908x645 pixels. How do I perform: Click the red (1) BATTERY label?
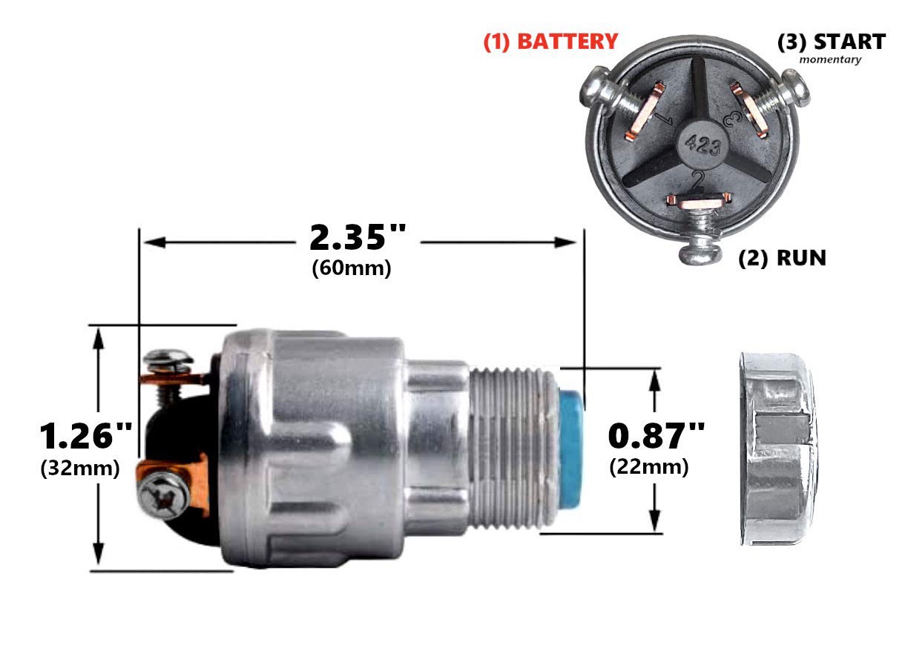click(x=550, y=42)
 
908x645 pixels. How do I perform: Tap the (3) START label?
click(x=831, y=42)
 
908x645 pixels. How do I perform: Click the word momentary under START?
click(x=830, y=60)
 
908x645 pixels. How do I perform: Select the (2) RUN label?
click(x=782, y=258)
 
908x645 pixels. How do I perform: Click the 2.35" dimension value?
click(x=358, y=237)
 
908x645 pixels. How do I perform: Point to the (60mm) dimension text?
click(x=352, y=268)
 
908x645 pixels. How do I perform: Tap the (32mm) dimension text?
click(x=80, y=469)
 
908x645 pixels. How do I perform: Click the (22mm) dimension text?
click(x=648, y=467)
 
